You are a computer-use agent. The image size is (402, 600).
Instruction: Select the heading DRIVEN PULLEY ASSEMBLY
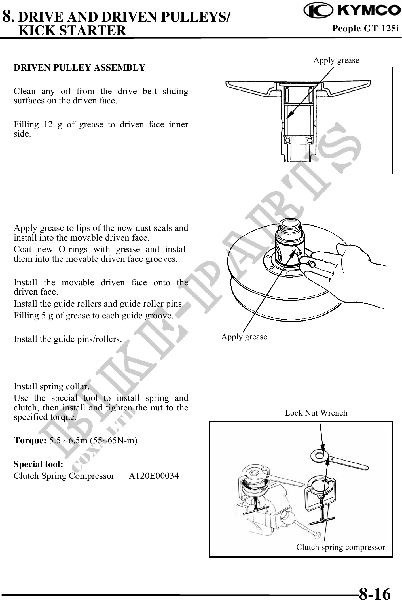[79, 68]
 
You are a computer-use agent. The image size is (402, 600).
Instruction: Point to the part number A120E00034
[154, 476]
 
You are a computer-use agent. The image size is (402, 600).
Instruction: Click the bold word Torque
[30, 441]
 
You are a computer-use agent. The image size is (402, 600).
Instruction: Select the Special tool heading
[38, 464]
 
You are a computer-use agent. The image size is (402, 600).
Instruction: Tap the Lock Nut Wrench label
[316, 413]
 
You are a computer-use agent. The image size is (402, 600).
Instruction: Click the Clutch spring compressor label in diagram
[340, 547]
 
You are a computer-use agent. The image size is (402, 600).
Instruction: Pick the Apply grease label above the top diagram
[336, 60]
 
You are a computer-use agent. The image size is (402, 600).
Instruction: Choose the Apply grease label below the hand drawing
[244, 337]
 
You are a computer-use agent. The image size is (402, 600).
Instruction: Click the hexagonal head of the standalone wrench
[317, 456]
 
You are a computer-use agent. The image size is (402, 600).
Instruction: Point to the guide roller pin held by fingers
[311, 264]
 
